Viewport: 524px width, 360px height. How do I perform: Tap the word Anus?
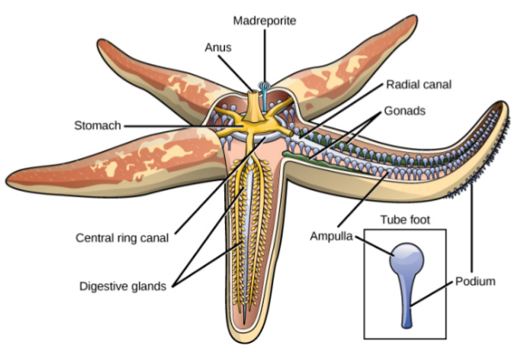coord(218,49)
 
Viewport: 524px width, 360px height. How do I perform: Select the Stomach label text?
coord(96,126)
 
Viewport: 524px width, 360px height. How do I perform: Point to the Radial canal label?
coord(419,84)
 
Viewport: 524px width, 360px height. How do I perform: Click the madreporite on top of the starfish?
coord(265,87)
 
